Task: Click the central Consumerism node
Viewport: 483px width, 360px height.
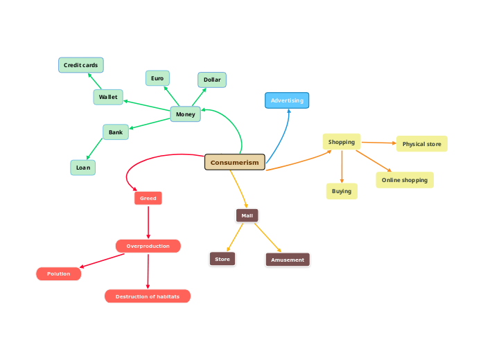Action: coord(235,162)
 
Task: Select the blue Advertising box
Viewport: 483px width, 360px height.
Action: coord(287,100)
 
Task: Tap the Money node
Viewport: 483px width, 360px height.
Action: coord(186,114)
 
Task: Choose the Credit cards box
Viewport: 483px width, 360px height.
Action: coord(81,65)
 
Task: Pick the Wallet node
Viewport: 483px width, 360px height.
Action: coord(108,97)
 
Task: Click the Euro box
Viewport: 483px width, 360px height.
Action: coord(157,78)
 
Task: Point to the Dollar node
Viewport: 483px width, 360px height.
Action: coord(212,80)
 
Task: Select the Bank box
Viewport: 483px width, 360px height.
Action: coord(116,132)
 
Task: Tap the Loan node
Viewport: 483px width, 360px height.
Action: coord(83,167)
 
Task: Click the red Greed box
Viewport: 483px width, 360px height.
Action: coord(148,198)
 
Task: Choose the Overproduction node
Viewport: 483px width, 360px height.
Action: coord(148,246)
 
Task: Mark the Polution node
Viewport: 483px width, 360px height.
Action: coord(59,273)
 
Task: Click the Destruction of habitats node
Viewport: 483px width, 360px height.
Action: coord(148,296)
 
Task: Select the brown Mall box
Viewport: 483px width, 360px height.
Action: coord(247,215)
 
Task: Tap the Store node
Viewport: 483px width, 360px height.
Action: coord(222,259)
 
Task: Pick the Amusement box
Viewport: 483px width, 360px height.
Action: coord(288,260)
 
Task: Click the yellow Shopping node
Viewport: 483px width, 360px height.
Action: coord(342,142)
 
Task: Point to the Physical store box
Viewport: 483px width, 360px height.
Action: coord(422,144)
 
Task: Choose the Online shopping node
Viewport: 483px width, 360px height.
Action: coord(405,180)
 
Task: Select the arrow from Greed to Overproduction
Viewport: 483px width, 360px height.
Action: coord(148,222)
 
